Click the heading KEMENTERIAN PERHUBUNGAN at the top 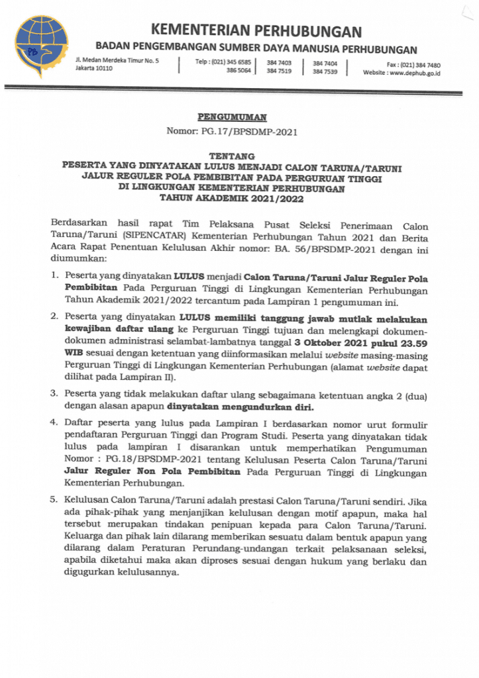click(x=256, y=31)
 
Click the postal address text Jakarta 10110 click(x=93, y=69)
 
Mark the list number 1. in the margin click(x=56, y=273)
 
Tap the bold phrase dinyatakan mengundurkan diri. click(x=240, y=407)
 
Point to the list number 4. click(x=56, y=423)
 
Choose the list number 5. click(x=56, y=501)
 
